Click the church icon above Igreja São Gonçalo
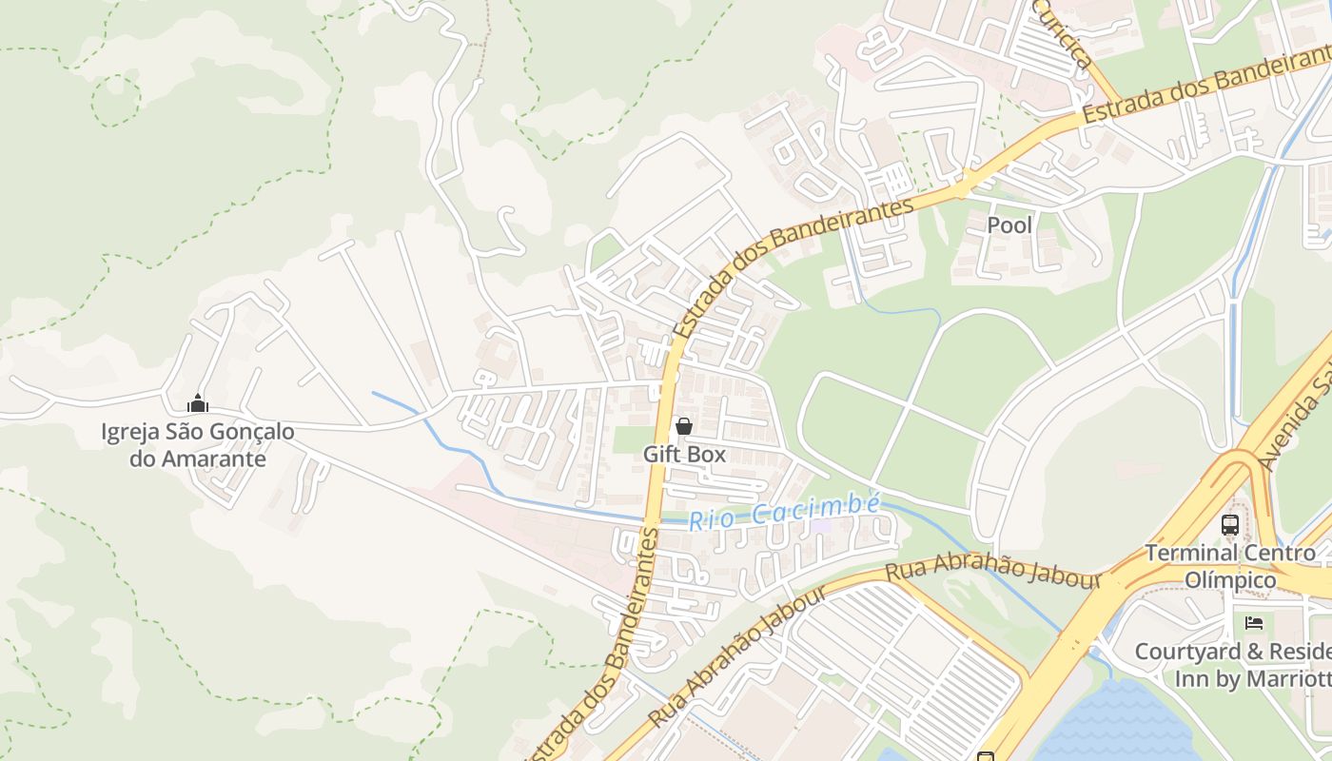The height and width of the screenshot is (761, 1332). point(198,404)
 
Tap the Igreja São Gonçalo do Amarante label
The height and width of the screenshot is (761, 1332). point(198,445)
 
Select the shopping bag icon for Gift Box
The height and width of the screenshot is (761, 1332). point(683,427)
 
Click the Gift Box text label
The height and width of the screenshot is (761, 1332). point(684,455)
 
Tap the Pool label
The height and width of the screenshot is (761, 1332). point(1009,225)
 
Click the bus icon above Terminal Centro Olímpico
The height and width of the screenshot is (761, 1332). point(1229,524)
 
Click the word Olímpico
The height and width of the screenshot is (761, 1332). point(1230,579)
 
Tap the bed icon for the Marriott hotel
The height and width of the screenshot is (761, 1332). point(1254,623)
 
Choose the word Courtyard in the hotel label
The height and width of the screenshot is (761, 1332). point(1187,652)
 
